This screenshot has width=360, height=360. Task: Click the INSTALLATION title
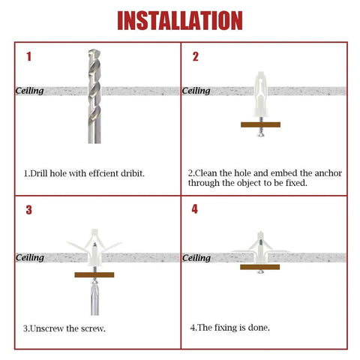coord(180,20)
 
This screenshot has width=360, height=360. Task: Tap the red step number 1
coord(28,56)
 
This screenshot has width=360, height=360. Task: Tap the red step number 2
coord(195,56)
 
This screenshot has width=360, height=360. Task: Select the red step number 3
coord(28,209)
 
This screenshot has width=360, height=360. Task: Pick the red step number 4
coord(195,208)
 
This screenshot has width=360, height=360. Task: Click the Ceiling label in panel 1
coord(30,91)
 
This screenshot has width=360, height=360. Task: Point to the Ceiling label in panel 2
coord(196,91)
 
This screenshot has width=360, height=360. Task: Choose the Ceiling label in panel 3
coord(30,257)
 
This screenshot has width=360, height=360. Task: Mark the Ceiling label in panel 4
coord(196,258)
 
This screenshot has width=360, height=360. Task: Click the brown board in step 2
coord(260,124)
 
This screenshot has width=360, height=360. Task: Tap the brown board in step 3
coord(94,275)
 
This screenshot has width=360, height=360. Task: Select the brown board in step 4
coord(259,266)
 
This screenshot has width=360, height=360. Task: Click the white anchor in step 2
coord(260,94)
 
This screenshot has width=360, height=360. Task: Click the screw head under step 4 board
coord(259,273)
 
